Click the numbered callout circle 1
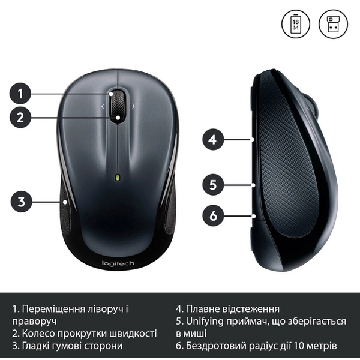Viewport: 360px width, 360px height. [20, 93]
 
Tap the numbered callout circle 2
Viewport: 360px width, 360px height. [20, 117]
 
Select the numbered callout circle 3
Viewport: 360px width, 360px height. [20, 202]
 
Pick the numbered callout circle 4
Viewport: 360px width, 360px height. [212, 140]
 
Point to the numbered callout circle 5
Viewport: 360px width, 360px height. [212, 184]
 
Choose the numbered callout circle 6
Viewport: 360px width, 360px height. [212, 214]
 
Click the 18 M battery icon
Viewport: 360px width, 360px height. [296, 24]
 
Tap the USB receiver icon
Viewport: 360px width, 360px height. [333, 24]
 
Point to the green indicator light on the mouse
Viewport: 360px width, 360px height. [118, 178]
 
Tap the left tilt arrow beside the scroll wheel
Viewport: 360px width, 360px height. [103, 106]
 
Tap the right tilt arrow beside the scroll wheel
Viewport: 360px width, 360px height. [133, 106]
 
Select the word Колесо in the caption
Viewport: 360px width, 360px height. [40, 333]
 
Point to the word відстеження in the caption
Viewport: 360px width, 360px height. [251, 309]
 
